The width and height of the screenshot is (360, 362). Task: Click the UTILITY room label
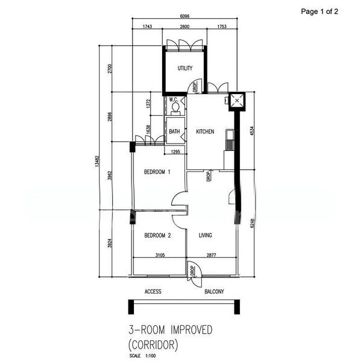coord(185,68)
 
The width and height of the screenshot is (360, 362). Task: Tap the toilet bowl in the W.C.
coord(175,109)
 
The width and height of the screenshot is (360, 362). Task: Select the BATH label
coord(174,132)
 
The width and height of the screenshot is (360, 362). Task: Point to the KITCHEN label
coord(205,132)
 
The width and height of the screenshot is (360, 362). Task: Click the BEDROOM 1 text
coord(157,172)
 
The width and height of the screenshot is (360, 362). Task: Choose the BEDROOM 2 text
coord(157,235)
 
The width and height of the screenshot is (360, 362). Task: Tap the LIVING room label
coord(206,235)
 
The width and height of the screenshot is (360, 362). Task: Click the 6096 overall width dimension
coord(185,16)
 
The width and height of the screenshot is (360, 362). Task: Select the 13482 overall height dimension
coord(97,161)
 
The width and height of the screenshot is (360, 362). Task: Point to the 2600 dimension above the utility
coord(185,27)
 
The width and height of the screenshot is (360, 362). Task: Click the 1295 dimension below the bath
coord(175,151)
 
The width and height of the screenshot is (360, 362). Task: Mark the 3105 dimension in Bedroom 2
coord(160,255)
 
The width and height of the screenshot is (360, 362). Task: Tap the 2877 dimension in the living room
coord(212,255)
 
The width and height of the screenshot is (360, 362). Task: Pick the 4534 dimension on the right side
coord(252,131)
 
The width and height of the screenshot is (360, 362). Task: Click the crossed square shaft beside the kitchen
coord(237,101)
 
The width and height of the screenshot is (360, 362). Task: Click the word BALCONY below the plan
coord(214,291)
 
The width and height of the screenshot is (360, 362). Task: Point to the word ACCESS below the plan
coord(153,291)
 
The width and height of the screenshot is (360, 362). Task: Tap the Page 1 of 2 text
coord(320,11)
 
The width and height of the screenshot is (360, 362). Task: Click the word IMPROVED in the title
coord(191,329)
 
